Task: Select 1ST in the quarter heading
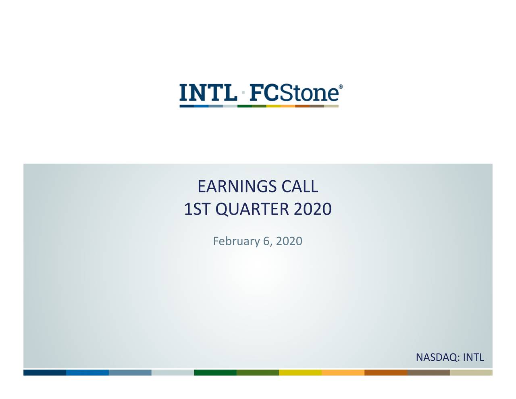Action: [x=197, y=209]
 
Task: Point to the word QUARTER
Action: [x=252, y=209]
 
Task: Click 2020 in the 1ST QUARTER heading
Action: [x=312, y=209]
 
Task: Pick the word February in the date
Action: [x=236, y=241]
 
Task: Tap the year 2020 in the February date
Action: [x=289, y=241]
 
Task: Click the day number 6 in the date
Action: [x=266, y=241]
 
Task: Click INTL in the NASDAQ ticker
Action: [x=473, y=357]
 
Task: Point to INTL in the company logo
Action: [x=208, y=93]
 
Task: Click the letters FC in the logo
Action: [x=264, y=93]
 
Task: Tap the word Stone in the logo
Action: [x=309, y=93]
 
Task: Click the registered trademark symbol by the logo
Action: [x=341, y=87]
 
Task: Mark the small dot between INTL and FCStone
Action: [x=243, y=93]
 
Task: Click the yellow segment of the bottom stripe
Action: [x=300, y=372]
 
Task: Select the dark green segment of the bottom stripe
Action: [x=215, y=372]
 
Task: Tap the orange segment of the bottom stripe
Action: [x=343, y=372]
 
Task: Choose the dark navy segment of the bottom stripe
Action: [x=45, y=372]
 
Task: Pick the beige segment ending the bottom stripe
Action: [x=471, y=372]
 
